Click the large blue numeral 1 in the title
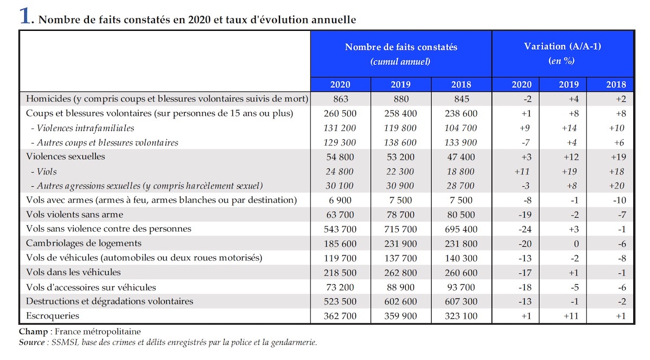pos(25,15)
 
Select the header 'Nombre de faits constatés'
pos(401,47)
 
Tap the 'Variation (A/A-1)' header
pos(562,46)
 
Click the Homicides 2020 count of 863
pos(340,99)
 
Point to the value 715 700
pos(400,229)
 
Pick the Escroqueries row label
pos(53,316)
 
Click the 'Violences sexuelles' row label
pos(66,156)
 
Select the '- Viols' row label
pos(44,172)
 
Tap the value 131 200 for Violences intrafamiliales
pos(340,128)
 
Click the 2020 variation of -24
pos(525,229)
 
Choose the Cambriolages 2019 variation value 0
pos(576,244)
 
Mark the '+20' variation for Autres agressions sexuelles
pos(616,186)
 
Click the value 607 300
pos(461,302)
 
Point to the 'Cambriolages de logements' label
pos(83,243)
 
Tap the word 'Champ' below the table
pos(34,331)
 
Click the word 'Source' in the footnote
pos(31,342)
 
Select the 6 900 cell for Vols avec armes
pos(340,200)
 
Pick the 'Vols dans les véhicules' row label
pos(73,272)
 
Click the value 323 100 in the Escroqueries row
pos(461,316)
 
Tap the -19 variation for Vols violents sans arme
pos(525,215)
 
